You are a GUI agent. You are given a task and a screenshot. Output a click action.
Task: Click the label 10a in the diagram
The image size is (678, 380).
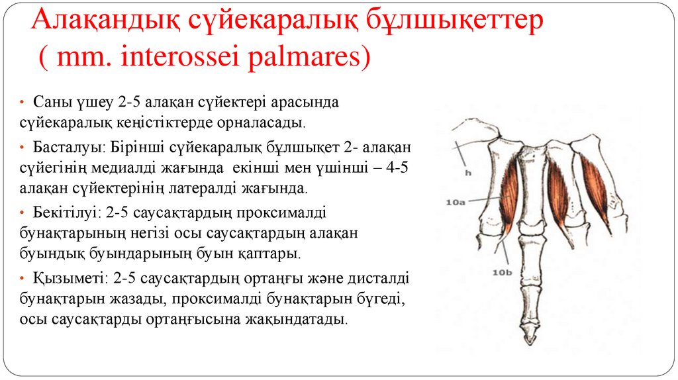456,204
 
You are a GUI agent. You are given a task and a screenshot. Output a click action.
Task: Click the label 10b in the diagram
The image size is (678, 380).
501,271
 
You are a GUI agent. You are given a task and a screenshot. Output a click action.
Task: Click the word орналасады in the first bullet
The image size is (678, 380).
266,124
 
